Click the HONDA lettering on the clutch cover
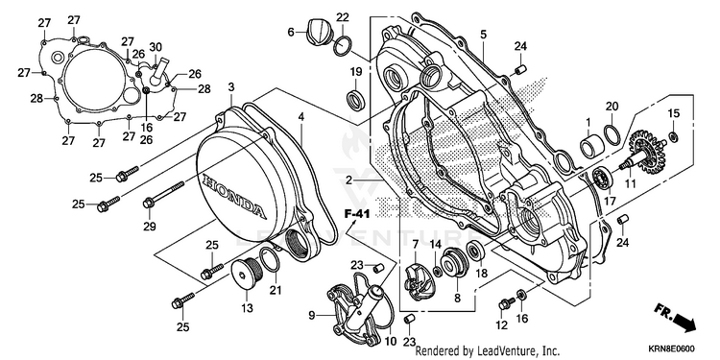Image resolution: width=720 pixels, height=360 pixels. (x=233, y=196)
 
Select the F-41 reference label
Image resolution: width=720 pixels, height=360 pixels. (x=358, y=213)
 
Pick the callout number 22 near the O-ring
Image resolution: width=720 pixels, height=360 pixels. (x=343, y=17)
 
